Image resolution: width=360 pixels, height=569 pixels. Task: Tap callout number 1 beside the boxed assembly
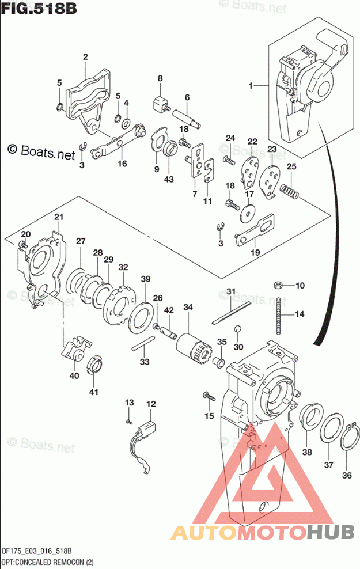point(251,86)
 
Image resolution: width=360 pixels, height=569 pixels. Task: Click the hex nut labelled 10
point(277,284)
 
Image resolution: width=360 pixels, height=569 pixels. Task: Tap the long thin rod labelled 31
point(230,311)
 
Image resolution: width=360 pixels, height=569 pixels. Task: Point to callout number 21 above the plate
point(58,217)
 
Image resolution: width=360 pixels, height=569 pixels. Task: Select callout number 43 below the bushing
point(168,179)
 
